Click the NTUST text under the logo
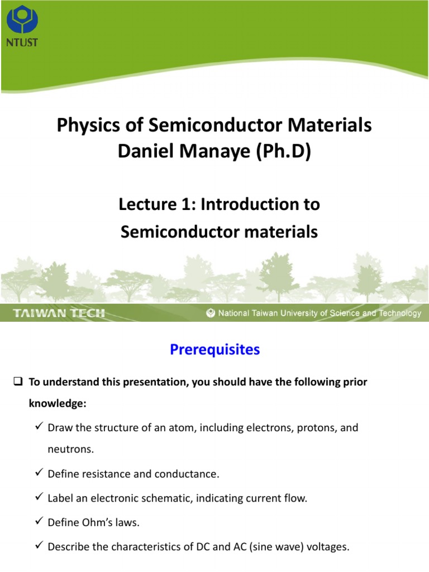22,42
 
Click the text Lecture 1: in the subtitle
157,204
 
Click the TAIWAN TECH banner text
59,313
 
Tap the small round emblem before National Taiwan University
211,313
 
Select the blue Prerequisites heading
214,350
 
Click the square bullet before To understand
17,383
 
